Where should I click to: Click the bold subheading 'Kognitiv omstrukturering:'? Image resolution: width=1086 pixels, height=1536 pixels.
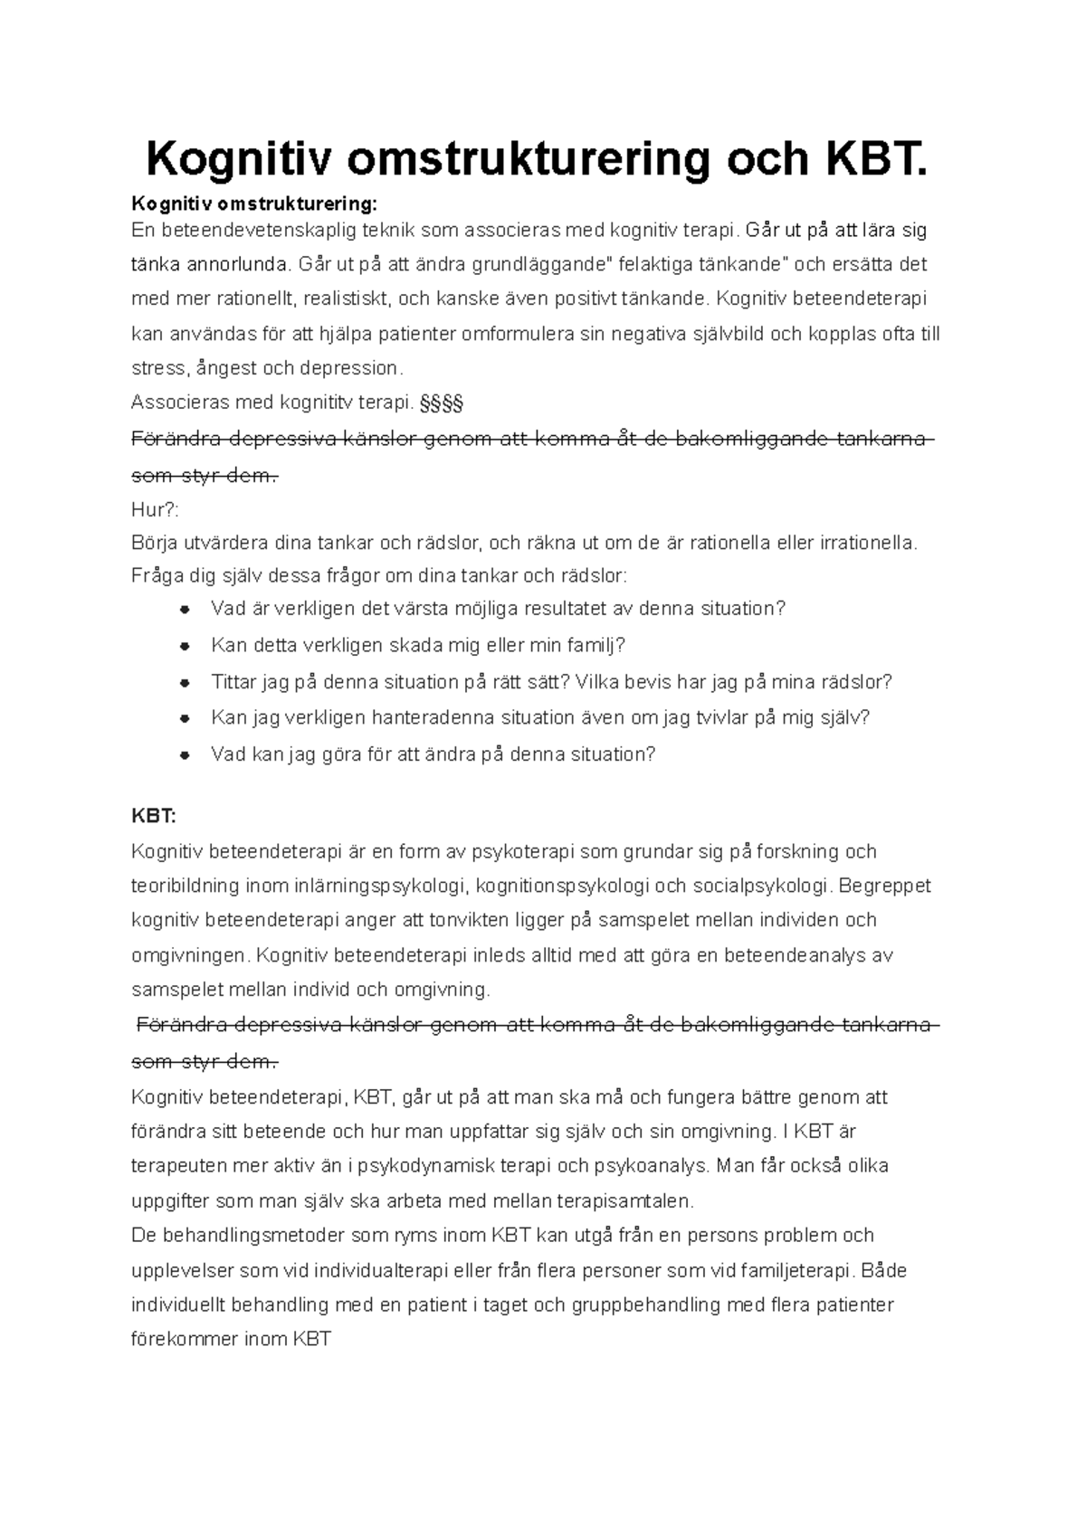[252, 201]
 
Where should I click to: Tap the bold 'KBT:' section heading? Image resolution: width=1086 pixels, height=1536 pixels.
[154, 815]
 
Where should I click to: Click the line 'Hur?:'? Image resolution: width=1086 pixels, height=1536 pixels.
[155, 509]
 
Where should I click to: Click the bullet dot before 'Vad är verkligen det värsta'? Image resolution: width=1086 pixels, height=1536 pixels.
[184, 610]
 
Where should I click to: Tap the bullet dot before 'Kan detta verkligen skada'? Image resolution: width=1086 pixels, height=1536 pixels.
[184, 646]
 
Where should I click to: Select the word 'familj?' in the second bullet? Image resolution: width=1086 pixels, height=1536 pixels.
[596, 645]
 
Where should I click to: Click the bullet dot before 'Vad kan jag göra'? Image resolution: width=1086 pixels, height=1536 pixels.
[184, 754]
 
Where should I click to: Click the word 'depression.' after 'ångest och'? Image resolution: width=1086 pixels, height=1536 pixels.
[353, 368]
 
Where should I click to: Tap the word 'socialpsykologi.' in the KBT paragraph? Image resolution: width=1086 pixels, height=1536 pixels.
[768, 886]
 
